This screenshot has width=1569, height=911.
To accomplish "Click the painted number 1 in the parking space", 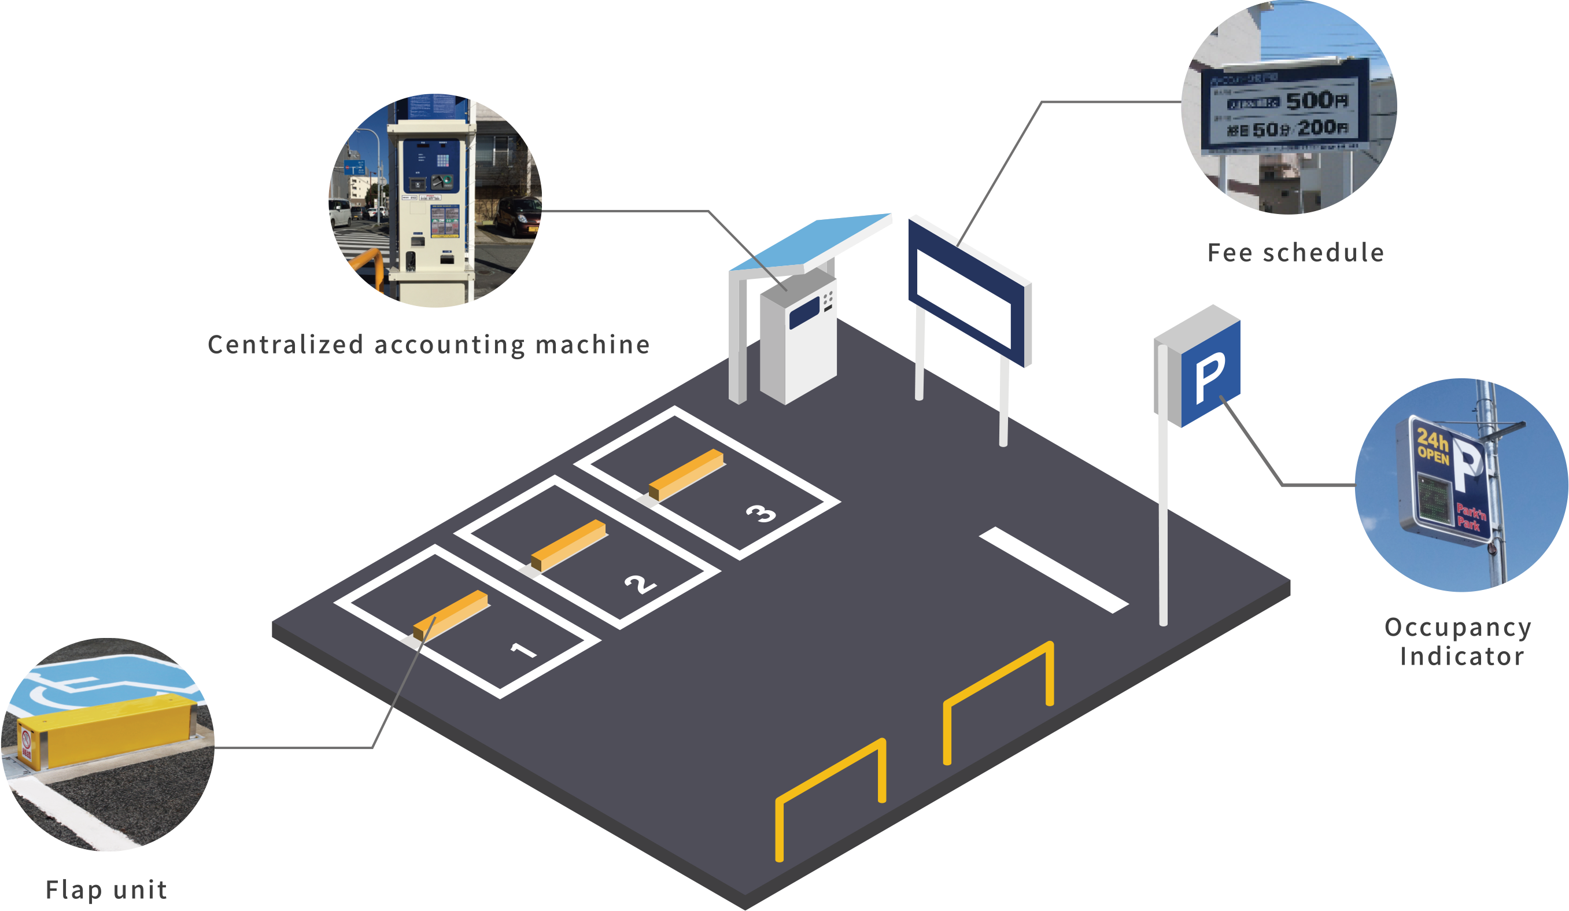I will pyautogui.click(x=523, y=651).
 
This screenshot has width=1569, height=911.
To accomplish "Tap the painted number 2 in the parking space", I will pyautogui.click(x=641, y=584).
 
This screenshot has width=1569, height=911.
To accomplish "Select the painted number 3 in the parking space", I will pyautogui.click(x=761, y=514).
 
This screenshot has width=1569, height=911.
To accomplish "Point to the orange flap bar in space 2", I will pyautogui.click(x=568, y=545).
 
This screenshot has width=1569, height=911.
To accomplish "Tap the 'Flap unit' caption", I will pyautogui.click(x=106, y=890).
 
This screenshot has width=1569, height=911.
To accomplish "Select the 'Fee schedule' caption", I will pyautogui.click(x=1295, y=253).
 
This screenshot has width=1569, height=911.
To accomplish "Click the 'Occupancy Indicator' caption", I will pyautogui.click(x=1457, y=642).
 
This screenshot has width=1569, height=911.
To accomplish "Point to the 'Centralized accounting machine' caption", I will pyautogui.click(x=429, y=344).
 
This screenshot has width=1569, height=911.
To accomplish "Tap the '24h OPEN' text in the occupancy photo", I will pyautogui.click(x=1433, y=446).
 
